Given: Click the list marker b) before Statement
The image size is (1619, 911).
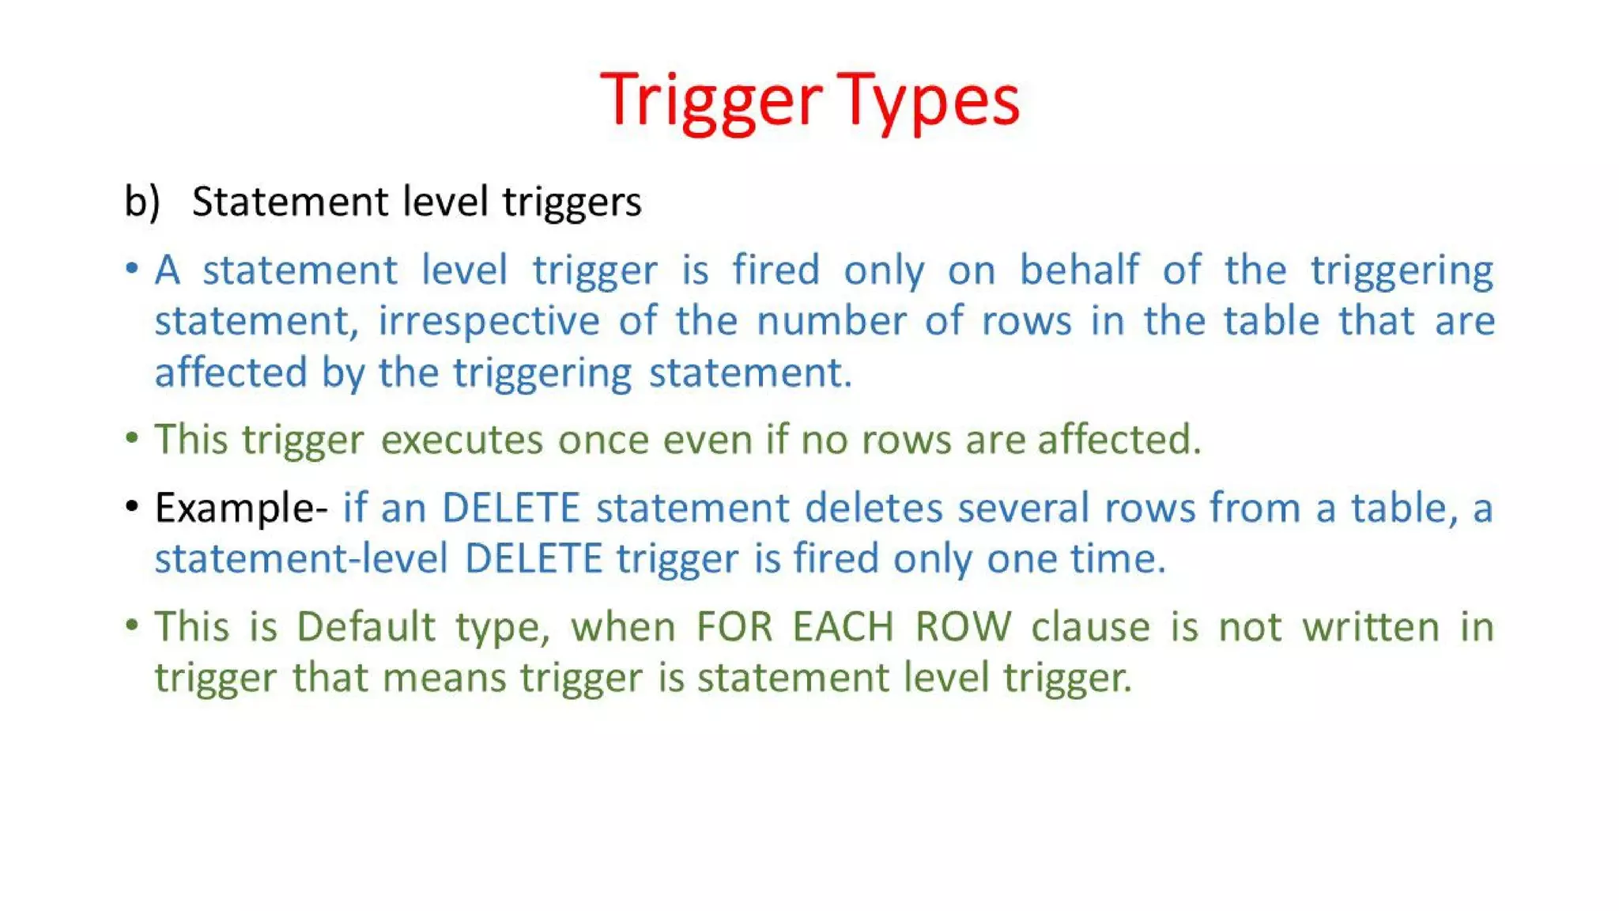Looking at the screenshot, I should point(142,201).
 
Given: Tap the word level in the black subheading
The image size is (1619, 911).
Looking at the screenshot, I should point(446,201).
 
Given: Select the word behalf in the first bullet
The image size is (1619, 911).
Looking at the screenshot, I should point(1079,270).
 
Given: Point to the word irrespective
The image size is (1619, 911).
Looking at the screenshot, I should point(489,322).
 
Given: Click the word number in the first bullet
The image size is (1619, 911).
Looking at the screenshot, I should point(831,322).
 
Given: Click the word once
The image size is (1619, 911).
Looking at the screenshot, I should point(603,440).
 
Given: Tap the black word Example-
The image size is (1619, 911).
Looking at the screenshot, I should point(241,508).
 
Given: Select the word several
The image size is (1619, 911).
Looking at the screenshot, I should point(1024,508).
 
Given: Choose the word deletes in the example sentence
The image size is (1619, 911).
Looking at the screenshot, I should point(874,508).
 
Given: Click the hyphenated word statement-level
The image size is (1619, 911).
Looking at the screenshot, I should point(301,559).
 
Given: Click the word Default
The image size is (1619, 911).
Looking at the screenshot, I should point(366,627).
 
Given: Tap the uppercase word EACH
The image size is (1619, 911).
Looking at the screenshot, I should point(843,627).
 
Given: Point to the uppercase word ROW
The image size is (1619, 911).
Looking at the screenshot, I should point(963,627).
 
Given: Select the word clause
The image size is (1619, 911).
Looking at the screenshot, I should point(1091,627).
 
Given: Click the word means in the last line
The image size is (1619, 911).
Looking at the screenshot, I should point(443,679).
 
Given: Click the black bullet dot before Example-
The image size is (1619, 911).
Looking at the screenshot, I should point(132,506).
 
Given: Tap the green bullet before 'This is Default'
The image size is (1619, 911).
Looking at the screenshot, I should point(132,626).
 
